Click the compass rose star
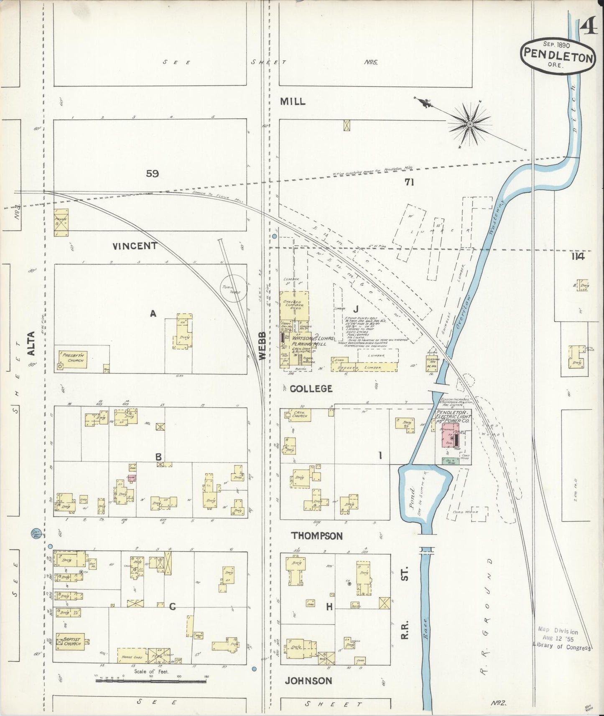470,124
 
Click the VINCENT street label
135,246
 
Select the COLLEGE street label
311,388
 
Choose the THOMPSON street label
317,536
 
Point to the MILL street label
293,102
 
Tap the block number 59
152,174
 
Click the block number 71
409,182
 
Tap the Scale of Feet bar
150,681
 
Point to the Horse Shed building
132,656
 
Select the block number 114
578,256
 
